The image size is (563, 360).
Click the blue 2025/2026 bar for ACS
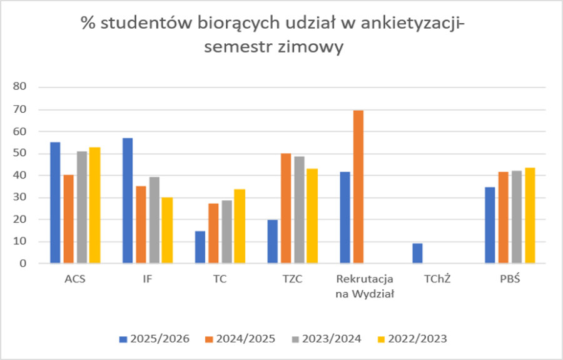coord(56,203)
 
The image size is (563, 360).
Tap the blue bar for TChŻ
coord(418,253)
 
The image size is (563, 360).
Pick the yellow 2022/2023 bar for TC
coord(239,226)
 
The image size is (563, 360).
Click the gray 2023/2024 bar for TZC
coord(299,210)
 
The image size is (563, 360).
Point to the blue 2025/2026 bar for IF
coord(128,200)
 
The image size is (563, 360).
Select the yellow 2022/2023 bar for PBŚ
coord(530,215)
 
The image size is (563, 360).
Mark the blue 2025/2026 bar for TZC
coord(273,242)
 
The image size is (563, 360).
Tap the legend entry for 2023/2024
coord(326,339)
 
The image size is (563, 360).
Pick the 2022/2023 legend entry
coord(413,339)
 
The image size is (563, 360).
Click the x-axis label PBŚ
coord(510,280)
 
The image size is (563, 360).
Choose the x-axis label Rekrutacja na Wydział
coord(365,285)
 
